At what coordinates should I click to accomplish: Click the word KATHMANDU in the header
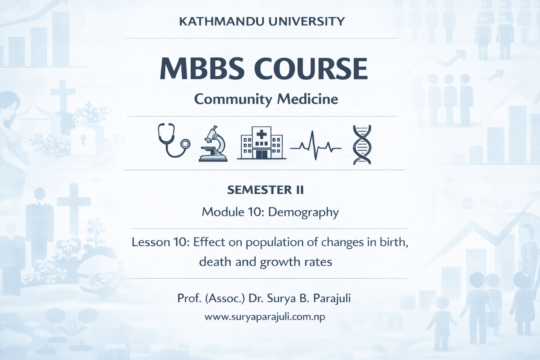tap(220, 21)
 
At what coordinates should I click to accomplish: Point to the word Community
tap(233, 99)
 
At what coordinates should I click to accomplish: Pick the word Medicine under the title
tap(308, 99)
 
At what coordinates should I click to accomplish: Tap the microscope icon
tap(213, 143)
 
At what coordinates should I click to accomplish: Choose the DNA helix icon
tap(362, 145)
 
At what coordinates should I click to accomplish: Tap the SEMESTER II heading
tap(265, 190)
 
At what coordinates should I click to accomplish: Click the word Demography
tap(303, 213)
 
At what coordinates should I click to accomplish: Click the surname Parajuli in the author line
tap(332, 299)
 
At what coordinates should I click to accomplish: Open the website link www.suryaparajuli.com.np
tap(265, 317)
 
